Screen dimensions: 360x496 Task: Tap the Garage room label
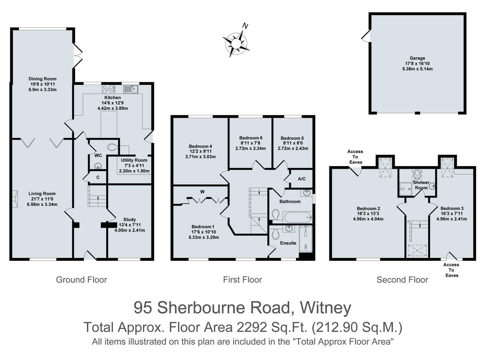(417, 59)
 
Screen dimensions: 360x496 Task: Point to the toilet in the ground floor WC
(112, 147)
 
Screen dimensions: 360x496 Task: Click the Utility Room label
(134, 160)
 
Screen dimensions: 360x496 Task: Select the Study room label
(129, 219)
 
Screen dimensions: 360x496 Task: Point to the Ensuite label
(288, 243)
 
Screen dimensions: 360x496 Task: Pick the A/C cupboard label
(301, 179)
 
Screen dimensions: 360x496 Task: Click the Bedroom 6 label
(251, 138)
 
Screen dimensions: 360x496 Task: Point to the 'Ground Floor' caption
(81, 280)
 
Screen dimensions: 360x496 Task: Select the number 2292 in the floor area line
(253, 328)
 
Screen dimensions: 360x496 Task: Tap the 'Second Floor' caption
(402, 280)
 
